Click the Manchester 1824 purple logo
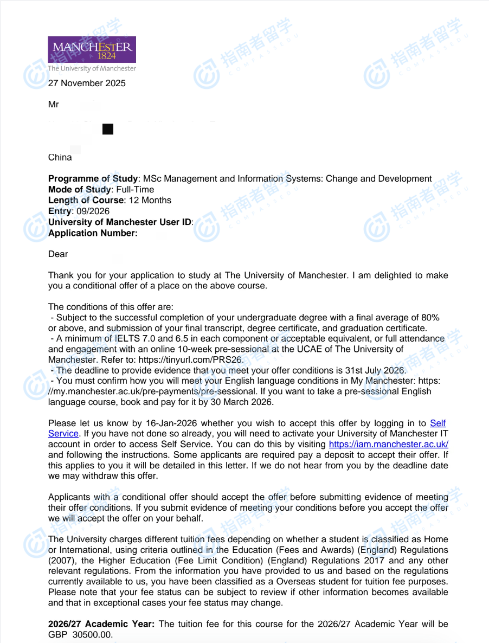coord(92,49)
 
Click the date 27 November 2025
coord(87,83)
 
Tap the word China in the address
coord(60,157)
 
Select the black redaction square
coord(108,129)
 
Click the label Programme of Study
coord(93,179)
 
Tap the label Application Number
coord(92,233)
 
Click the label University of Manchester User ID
coord(120,222)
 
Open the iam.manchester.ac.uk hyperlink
coord(389,445)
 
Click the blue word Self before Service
coord(438,423)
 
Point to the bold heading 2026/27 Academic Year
coord(101,624)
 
